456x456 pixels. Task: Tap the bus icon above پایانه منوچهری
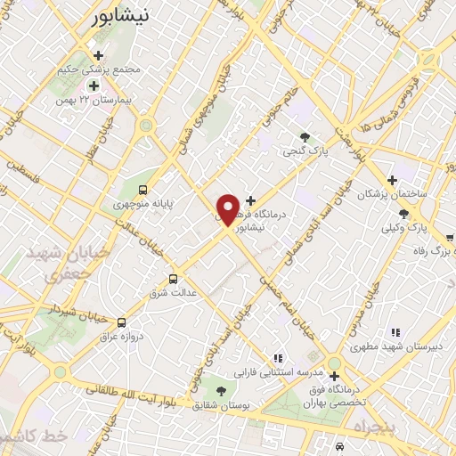point(143,189)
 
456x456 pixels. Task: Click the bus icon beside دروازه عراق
point(121,322)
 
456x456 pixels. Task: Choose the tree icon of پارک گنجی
point(305,137)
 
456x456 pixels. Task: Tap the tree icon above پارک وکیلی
point(404,214)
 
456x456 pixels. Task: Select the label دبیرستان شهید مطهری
point(390,348)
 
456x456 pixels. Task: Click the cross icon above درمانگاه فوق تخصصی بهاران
point(334,362)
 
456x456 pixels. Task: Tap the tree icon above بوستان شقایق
point(220,391)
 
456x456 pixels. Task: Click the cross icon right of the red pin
point(250,200)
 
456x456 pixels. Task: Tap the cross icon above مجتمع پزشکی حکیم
point(98,56)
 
